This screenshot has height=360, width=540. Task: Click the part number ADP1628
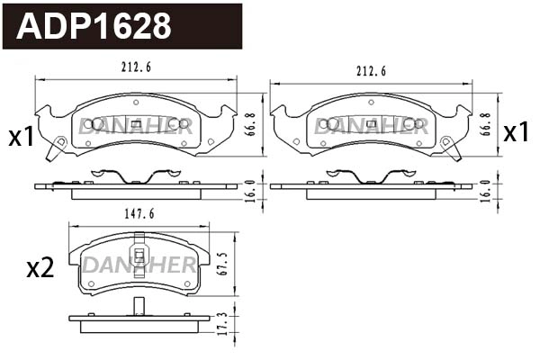click(x=95, y=26)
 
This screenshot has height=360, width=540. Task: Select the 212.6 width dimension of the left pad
click(x=136, y=64)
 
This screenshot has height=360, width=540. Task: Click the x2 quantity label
click(x=41, y=267)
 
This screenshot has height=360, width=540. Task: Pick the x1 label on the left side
click(x=21, y=138)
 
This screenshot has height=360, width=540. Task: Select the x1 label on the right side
click(x=516, y=133)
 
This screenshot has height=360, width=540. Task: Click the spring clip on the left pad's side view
click(x=121, y=176)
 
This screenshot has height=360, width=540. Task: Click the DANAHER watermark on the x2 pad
click(x=139, y=265)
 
